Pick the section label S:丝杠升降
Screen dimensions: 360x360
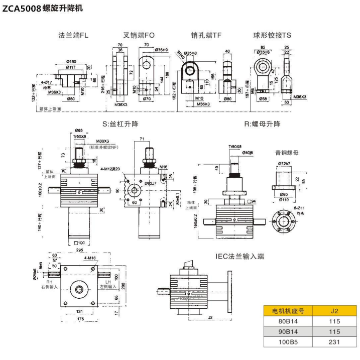coord(120,124)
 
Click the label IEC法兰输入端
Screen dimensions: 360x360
coord(240,256)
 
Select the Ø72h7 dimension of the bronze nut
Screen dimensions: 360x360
coord(285,164)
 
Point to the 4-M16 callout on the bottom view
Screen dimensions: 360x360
coord(91,258)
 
